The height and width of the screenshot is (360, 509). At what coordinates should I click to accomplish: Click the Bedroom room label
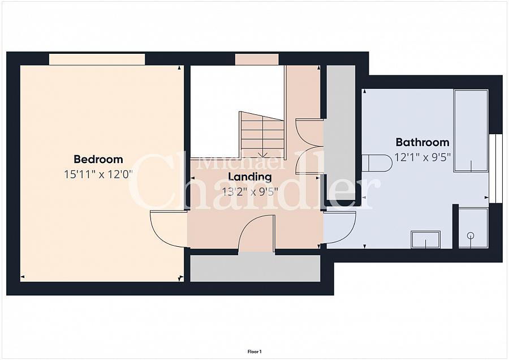coord(98,159)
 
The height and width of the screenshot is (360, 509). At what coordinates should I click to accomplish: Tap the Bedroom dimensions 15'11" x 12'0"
coord(98,174)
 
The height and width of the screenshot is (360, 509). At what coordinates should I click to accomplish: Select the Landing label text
coord(250,177)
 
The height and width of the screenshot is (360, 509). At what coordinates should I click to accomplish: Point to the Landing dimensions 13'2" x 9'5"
coord(250,192)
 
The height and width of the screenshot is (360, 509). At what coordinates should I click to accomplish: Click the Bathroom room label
coord(422,142)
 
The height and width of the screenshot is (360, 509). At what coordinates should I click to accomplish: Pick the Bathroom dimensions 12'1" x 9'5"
coord(422,157)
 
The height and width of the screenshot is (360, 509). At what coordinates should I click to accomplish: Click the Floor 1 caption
coord(255,352)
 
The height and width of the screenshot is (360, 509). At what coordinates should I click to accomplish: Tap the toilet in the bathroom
coord(377,162)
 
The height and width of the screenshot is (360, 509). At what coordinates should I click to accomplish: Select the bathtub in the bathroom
coord(471,131)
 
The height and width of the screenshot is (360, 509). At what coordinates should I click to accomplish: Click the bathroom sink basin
coord(426,239)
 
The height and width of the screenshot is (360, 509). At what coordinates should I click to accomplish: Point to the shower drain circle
coord(471,235)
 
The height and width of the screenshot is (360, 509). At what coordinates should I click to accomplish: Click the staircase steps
coord(262,135)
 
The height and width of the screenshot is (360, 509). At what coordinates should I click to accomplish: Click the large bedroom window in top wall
coord(97,59)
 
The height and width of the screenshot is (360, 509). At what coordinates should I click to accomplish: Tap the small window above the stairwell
coord(257,59)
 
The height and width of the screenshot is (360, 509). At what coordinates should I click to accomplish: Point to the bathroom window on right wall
coord(495,168)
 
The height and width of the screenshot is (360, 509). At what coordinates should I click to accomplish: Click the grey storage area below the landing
coord(255,268)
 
